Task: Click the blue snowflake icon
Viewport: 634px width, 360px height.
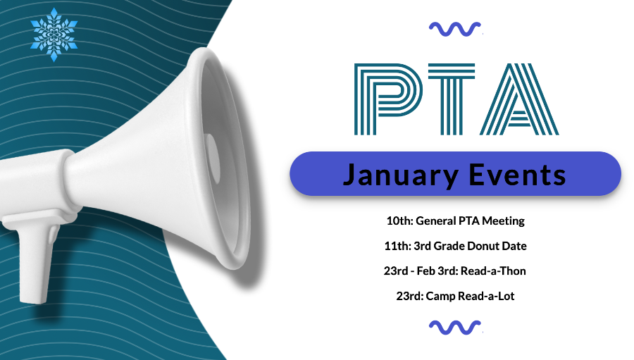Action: tap(54, 35)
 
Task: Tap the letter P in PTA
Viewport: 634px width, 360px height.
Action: tap(388, 99)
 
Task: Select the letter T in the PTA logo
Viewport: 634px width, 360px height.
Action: tap(452, 99)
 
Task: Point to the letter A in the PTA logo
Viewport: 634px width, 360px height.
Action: tap(519, 99)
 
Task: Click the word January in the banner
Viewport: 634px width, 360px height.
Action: tap(401, 176)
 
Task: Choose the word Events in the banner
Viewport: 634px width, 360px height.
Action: tap(517, 175)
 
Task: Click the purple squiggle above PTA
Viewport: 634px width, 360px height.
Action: tap(455, 29)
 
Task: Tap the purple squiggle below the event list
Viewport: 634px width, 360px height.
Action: tap(455, 328)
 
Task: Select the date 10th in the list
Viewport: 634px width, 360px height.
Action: tap(399, 221)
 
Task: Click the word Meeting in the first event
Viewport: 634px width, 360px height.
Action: tap(504, 221)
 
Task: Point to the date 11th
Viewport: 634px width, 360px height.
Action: tap(397, 246)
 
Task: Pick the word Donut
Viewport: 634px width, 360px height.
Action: tap(483, 246)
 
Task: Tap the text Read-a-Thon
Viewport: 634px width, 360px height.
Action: tap(493, 271)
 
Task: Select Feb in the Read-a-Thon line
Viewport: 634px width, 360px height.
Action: tap(426, 271)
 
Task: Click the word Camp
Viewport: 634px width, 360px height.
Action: tap(441, 297)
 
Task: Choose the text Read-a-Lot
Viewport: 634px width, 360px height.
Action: tap(486, 296)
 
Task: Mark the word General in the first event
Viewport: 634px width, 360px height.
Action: tap(436, 221)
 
